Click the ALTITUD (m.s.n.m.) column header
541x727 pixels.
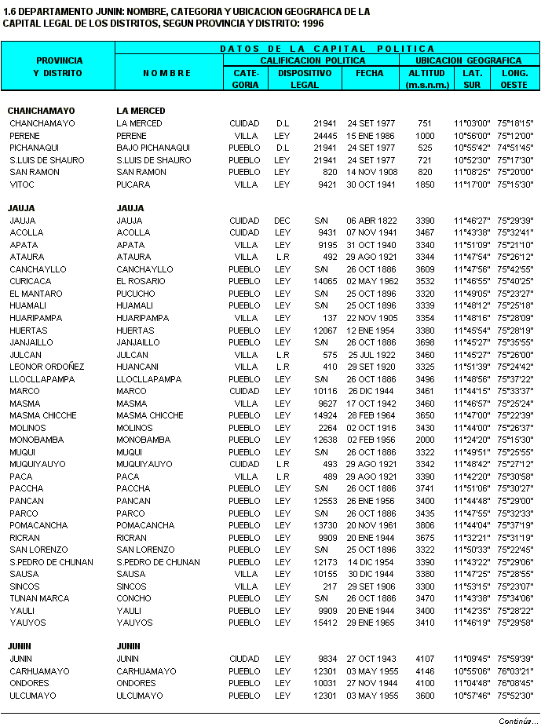pos(426,79)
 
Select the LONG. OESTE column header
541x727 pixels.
pos(514,79)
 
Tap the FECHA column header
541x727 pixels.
pos(370,73)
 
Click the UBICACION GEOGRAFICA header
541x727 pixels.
pos(468,60)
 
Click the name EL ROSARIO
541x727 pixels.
pos(140,281)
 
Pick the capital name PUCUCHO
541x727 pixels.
pos(136,294)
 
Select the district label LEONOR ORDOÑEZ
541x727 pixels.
pos(47,367)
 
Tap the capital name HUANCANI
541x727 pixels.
pos(137,367)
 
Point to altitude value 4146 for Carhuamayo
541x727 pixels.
pos(425,671)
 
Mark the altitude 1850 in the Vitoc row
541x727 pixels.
pos(425,184)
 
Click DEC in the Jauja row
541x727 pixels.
pos(282,221)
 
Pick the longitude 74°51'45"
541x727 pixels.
pos(515,148)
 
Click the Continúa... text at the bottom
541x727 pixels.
pos(518,721)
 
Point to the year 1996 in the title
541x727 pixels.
pos(313,23)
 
